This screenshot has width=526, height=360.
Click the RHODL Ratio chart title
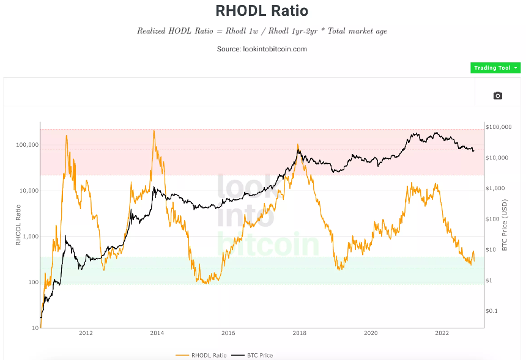[262, 10]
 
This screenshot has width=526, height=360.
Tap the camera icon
[497, 95]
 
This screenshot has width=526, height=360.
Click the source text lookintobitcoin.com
[262, 49]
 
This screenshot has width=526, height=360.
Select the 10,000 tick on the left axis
[26, 191]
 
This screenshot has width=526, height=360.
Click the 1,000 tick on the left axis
[28, 237]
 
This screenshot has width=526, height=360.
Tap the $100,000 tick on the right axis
[498, 127]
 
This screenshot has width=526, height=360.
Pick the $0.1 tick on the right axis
[493, 311]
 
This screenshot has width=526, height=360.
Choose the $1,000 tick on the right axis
[495, 188]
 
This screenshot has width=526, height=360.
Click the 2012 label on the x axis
[86, 334]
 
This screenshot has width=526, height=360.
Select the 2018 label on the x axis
[299, 334]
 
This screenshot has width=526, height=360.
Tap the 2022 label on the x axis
[442, 334]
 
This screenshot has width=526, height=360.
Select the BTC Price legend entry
[256, 355]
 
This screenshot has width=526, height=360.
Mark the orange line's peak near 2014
[154, 130]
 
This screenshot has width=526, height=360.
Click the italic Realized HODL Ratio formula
[262, 31]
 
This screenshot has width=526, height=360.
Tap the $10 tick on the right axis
[492, 249]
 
